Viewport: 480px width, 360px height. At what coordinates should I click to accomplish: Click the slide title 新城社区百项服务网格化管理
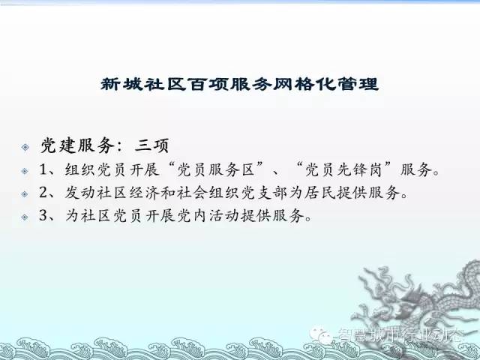coord(240,84)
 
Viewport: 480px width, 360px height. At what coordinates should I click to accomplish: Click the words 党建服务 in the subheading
coord(78,145)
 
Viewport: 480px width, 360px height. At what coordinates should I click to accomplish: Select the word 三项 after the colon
coord(151,145)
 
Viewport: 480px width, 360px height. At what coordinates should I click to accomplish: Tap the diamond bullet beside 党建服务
coord(25,147)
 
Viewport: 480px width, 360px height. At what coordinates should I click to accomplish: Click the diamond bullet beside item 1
coord(25,171)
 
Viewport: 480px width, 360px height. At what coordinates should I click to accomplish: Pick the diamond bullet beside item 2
coord(25,193)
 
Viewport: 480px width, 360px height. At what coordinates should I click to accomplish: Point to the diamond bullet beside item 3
coord(25,217)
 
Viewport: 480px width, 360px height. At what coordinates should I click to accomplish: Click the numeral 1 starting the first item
coord(43,169)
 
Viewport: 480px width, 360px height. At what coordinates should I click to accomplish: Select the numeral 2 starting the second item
coord(43,192)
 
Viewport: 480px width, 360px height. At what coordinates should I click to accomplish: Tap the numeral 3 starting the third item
coord(43,215)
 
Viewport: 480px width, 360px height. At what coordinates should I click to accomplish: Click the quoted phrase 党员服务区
coord(216,169)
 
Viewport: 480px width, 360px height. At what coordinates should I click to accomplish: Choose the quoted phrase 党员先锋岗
coord(343,169)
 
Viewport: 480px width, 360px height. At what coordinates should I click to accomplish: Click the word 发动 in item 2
coord(79,193)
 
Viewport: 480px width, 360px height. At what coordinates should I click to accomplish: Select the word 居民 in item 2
coord(319,193)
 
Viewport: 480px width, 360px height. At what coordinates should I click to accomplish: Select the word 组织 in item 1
coord(79,169)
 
